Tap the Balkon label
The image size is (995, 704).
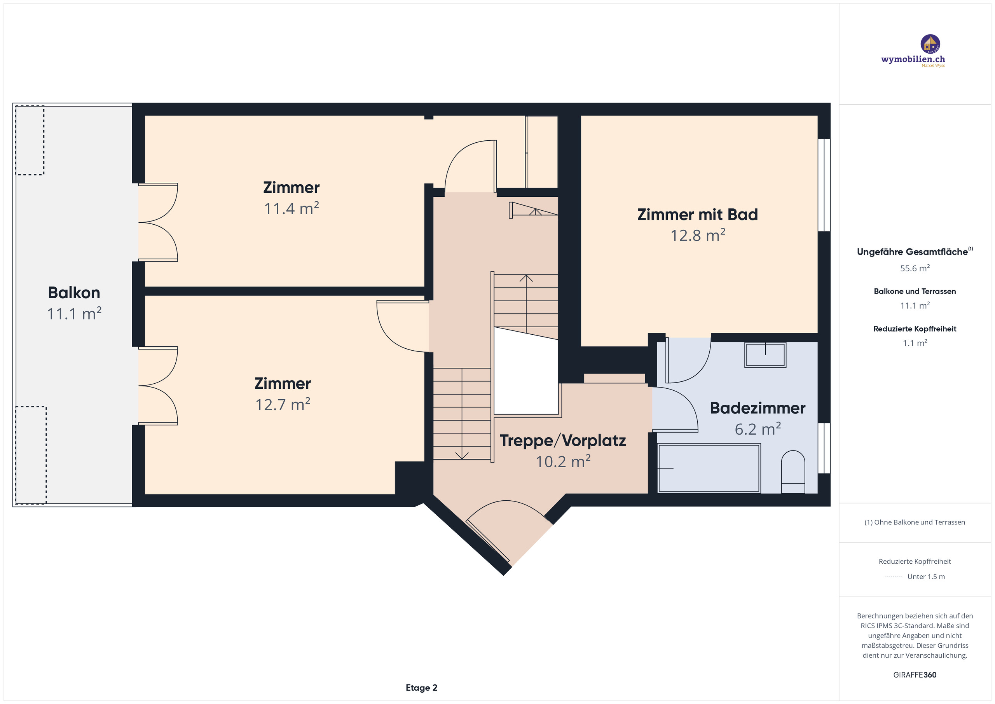(74, 293)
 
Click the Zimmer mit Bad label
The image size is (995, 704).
(697, 215)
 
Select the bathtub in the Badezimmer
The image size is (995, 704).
(709, 468)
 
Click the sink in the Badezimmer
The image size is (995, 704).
(765, 355)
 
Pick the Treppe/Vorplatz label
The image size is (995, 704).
(562, 441)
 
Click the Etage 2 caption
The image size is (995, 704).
(421, 688)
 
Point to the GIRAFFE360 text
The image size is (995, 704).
(915, 675)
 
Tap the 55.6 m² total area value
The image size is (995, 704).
(915, 268)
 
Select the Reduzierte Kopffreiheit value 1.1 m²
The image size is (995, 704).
(915, 343)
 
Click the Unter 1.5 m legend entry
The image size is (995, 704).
(926, 576)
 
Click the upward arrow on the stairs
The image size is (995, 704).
(526, 278)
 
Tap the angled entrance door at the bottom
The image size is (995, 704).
(487, 540)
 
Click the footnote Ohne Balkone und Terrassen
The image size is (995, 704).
(915, 522)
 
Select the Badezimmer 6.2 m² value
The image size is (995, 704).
(758, 430)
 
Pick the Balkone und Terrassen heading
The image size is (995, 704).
(915, 291)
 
